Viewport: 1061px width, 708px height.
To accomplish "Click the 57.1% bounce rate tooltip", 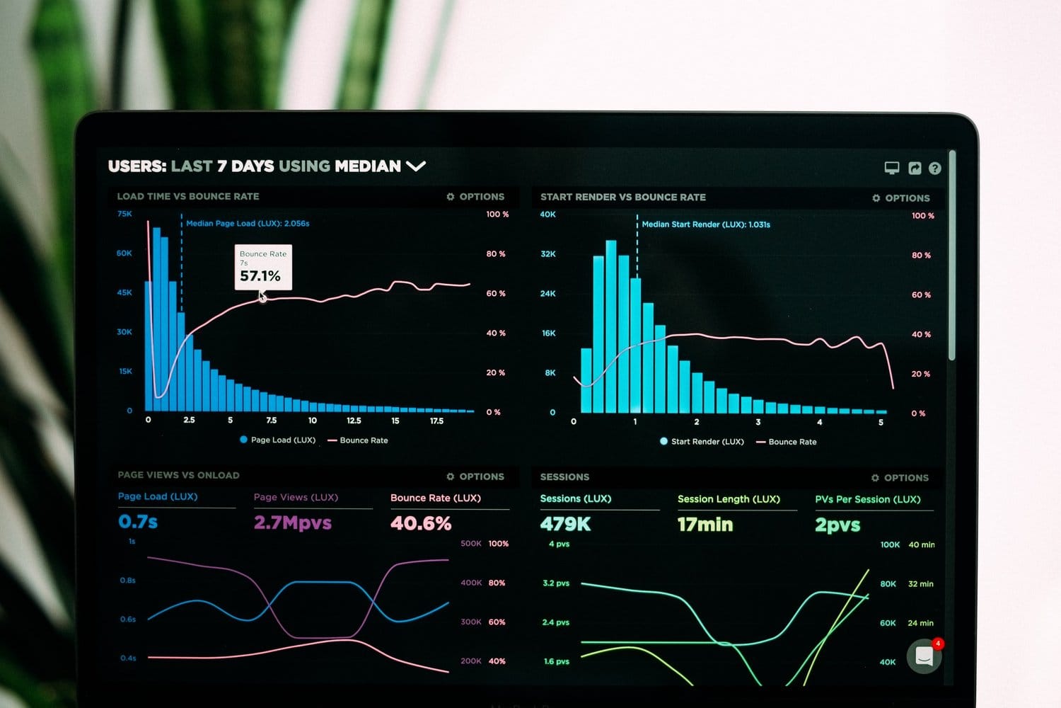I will point(263,267).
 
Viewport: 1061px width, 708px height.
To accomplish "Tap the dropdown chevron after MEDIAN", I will point(416,166).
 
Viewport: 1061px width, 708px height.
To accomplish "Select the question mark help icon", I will point(934,169).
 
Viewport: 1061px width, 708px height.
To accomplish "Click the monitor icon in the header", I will point(891,168).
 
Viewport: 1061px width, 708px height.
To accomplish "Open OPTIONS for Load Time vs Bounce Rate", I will point(475,197).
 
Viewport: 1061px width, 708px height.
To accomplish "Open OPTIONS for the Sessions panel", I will point(900,478).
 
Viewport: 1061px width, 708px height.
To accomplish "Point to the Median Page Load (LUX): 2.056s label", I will point(248,223).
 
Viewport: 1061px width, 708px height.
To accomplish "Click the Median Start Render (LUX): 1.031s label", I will point(705,224).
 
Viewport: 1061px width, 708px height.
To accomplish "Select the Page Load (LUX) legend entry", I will point(278,440).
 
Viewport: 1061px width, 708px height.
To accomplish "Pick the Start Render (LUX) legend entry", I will point(702,441).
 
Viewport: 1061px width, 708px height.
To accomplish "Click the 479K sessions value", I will point(565,524).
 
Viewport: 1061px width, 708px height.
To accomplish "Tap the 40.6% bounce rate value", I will point(421,523).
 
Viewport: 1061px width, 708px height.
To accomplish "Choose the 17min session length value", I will point(705,525).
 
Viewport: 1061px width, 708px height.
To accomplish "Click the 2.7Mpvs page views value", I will point(293,523).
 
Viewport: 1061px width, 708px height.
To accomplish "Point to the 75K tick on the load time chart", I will point(124,214).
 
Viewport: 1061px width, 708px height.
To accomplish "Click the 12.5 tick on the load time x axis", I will point(354,421).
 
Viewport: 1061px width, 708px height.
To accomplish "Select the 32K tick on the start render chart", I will point(548,253).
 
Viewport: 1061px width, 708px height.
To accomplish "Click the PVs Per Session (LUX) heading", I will point(867,499).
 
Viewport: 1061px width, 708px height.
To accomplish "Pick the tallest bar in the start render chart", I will point(611,326).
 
